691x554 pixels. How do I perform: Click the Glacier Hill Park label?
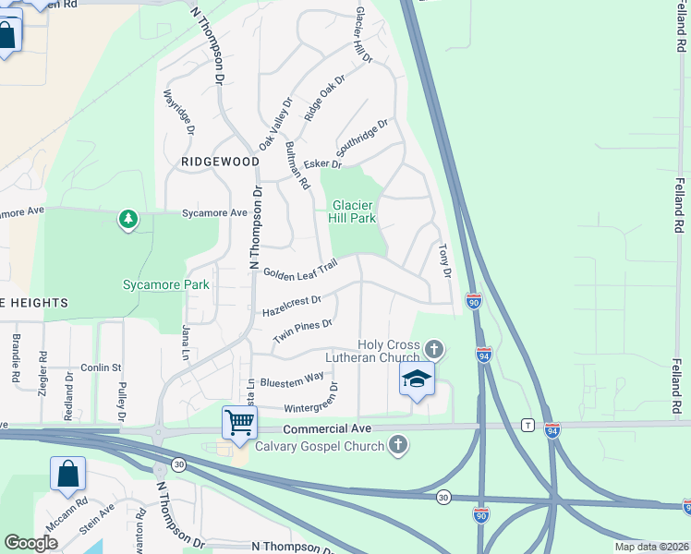pos(353,211)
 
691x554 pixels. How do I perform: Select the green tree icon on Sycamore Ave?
pos(128,219)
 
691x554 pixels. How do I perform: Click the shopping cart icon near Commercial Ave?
pos(240,422)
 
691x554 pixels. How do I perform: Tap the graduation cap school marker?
pos(417,379)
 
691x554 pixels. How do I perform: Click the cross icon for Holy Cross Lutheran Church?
pos(434,349)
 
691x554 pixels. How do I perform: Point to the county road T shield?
pos(527,425)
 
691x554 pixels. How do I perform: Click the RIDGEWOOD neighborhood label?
pos(220,161)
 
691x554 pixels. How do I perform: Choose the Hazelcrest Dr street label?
pos(291,306)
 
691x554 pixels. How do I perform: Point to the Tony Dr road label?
pos(442,260)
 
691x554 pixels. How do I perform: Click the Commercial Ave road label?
pos(327,428)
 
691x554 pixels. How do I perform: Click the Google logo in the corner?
pos(30,543)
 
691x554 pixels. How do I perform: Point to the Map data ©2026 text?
pos(651,547)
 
